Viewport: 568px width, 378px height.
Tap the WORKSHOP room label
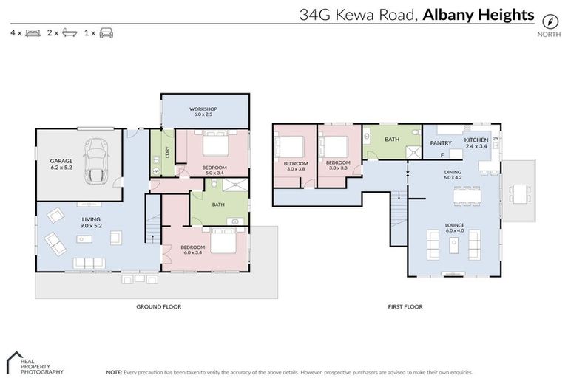coord(203,111)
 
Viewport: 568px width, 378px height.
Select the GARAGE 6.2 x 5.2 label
coord(61,164)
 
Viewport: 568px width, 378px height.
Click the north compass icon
coord(549,21)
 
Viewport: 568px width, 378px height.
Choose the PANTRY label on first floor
coord(441,143)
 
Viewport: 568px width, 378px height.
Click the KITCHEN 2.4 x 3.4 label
coord(476,143)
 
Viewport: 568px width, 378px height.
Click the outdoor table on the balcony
coord(521,193)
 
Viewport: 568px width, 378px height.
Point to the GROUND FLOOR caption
coord(158,306)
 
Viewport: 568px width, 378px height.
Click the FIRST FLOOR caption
coord(405,306)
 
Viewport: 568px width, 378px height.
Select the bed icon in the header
coord(33,33)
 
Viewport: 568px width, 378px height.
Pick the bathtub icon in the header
coord(69,33)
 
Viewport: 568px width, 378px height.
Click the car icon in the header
coord(106,33)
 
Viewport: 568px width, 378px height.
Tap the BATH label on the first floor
coord(392,138)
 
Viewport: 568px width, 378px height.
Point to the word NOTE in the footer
coord(115,372)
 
